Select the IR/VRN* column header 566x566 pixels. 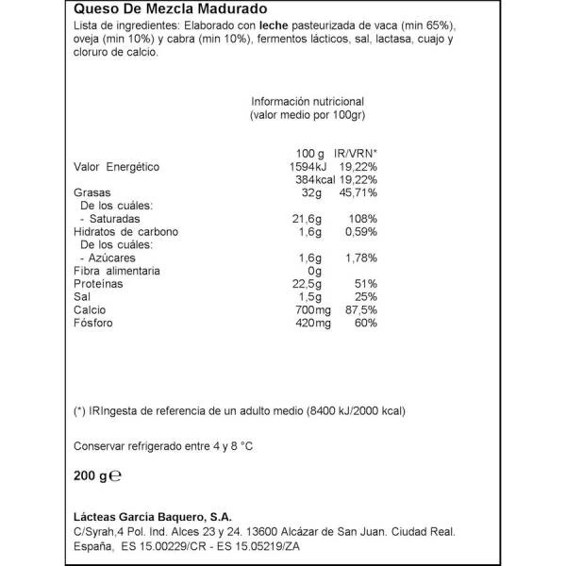(x=356, y=153)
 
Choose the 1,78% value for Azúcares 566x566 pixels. (x=359, y=258)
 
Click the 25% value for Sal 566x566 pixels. (x=366, y=297)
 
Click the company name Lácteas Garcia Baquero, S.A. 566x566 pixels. (x=158, y=515)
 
